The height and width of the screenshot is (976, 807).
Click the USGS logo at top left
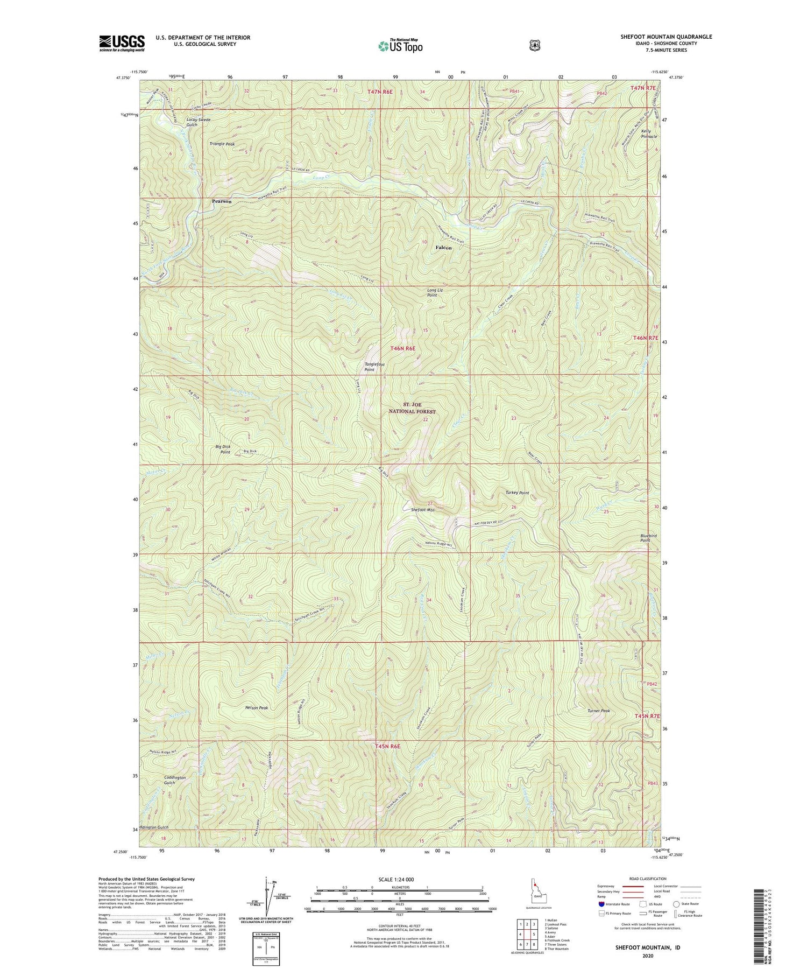pos(122,43)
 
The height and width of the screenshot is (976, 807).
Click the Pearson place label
pos(222,201)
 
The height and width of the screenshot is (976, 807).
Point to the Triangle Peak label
pos(222,144)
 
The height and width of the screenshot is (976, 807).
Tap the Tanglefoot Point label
pos(374,367)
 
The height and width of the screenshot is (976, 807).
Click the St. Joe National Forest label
pos(412,408)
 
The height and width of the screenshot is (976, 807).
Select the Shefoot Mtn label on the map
pos(422,509)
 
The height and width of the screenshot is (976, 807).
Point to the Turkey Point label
pos(517,493)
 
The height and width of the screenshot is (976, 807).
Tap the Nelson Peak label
pos(256,708)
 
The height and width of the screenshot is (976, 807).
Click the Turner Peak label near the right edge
pos(598,711)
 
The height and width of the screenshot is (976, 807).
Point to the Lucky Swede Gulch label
pos(198,122)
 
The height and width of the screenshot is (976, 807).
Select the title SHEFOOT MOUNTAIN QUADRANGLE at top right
pos(666,37)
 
